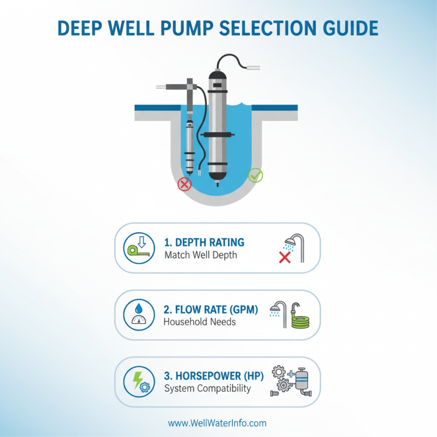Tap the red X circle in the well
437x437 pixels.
coord(185,184)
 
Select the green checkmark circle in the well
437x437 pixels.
coord(255,175)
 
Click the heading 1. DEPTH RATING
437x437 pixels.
coord(204,242)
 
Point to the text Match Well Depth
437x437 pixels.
coord(200,255)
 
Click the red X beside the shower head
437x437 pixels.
coord(284,257)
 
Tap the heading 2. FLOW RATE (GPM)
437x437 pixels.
coord(210,309)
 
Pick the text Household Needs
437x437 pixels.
coord(199,322)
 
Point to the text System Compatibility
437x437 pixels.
coord(207,389)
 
